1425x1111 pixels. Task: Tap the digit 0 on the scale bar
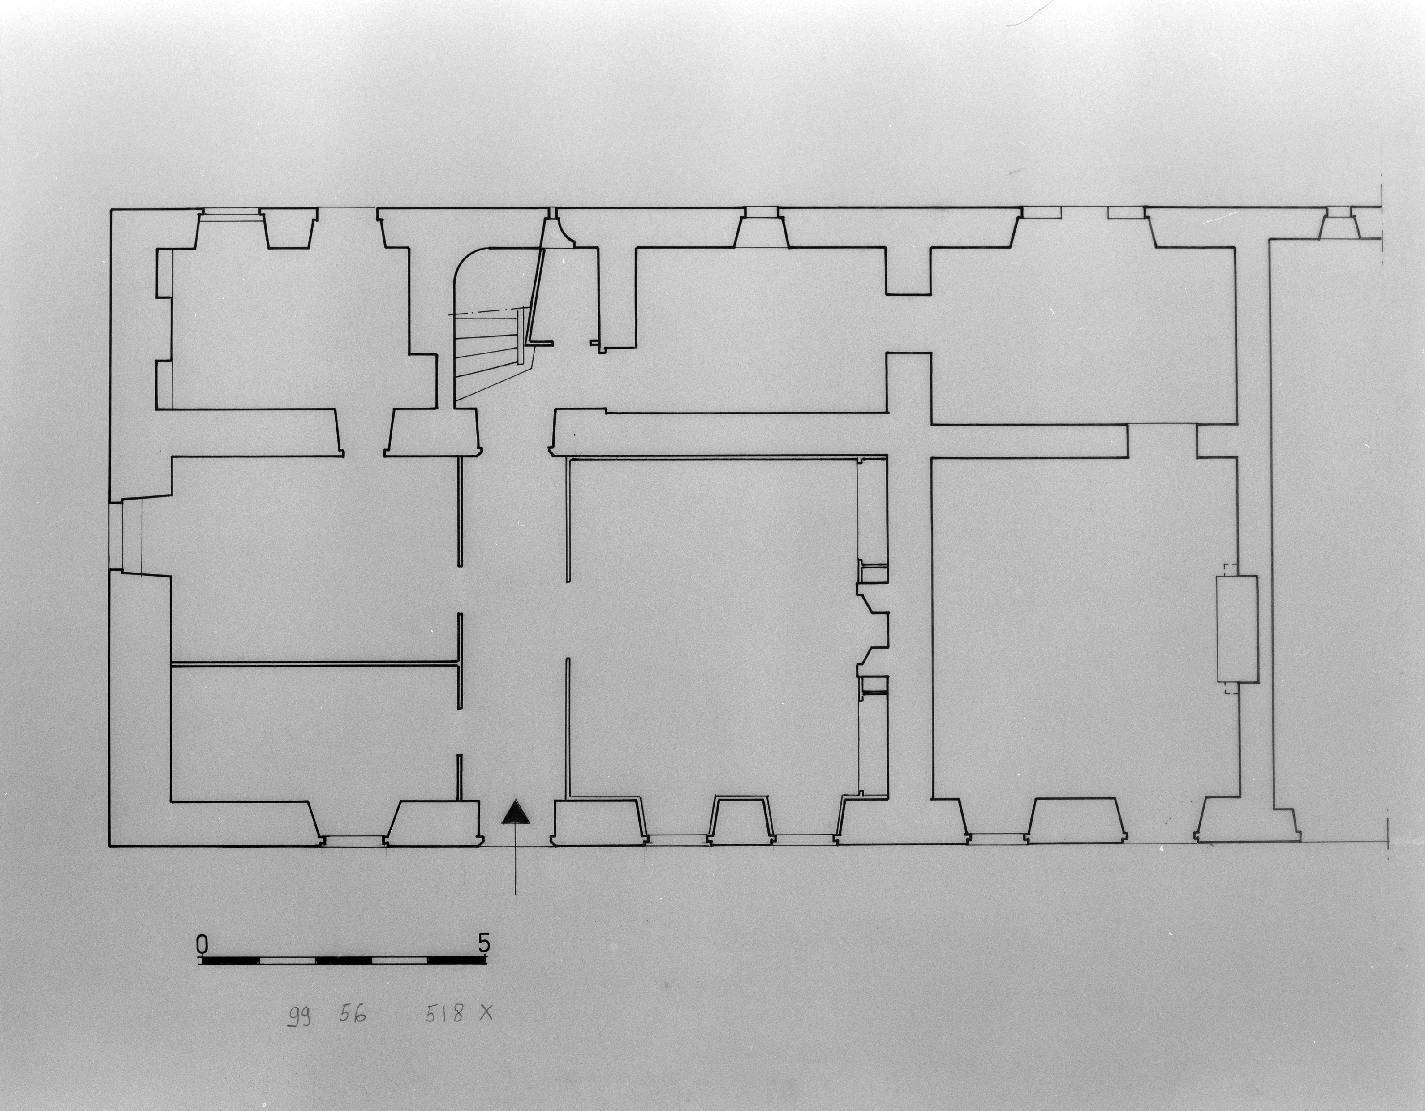pos(202,945)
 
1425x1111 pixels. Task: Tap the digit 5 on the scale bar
pos(483,943)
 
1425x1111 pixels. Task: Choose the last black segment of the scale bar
pos(457,961)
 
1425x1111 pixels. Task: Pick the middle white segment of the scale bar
pos(344,961)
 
